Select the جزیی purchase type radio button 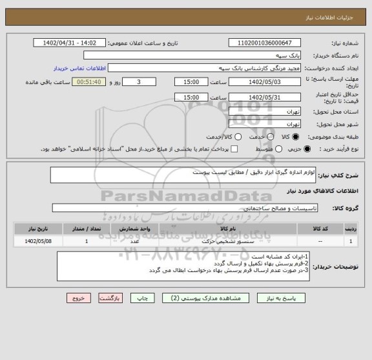[307, 149]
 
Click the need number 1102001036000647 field [265, 43]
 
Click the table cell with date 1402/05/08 [33, 241]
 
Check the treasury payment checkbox [234, 149]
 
